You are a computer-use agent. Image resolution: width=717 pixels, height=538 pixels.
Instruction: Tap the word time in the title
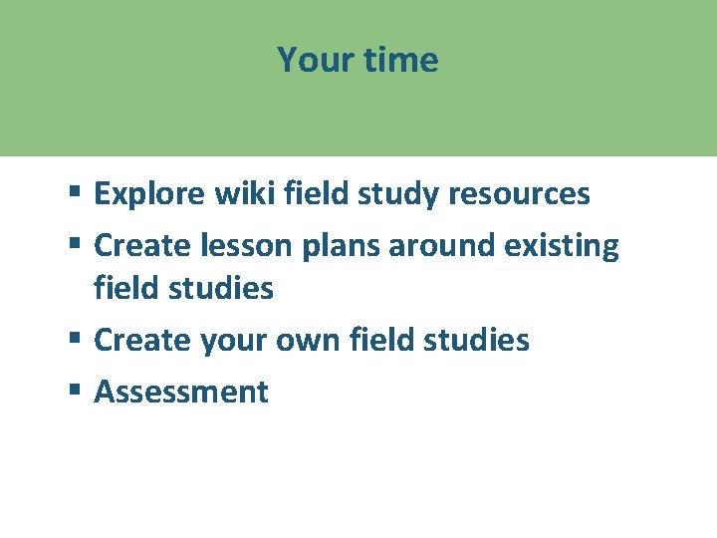pos(400,60)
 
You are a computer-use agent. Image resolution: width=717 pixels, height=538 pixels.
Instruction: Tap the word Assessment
pos(181,392)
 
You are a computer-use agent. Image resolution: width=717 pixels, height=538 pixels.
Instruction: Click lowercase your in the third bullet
pos(234,340)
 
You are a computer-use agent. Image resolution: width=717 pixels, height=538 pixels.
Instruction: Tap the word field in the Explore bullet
pos(310,193)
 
